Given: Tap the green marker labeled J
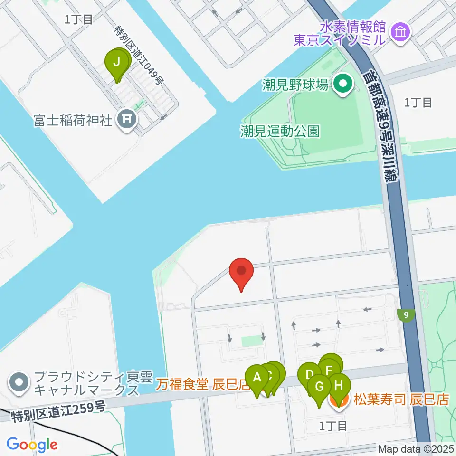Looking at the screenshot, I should click(118, 63).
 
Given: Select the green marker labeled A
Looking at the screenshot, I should click(257, 379).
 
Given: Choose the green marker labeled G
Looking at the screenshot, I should click(319, 387).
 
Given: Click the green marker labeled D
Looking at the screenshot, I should click(309, 376).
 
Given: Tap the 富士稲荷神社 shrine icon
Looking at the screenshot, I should click(127, 119).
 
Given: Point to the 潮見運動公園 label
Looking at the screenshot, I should click(280, 131).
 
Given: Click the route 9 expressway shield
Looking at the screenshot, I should click(406, 314).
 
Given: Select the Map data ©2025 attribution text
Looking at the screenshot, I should click(416, 448).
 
